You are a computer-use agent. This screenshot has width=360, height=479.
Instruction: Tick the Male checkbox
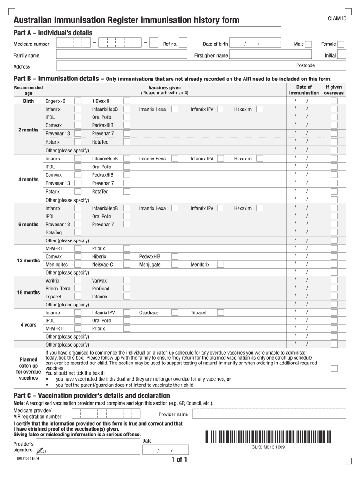click(310, 44)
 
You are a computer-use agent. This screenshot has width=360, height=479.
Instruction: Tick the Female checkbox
click(341, 44)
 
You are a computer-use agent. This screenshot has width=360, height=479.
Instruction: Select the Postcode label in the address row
click(306, 65)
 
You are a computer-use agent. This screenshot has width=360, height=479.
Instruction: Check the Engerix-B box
click(78, 101)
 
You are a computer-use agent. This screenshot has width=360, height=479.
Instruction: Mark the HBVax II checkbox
click(127, 101)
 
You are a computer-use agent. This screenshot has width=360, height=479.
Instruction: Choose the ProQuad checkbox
click(127, 289)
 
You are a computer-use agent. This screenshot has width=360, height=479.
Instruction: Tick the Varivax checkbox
click(127, 281)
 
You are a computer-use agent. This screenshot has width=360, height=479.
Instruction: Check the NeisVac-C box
click(127, 265)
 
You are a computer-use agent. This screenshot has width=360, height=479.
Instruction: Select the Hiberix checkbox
click(127, 257)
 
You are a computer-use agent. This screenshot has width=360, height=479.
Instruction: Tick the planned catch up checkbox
click(334, 369)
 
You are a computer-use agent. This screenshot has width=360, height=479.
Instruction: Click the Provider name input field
click(268, 414)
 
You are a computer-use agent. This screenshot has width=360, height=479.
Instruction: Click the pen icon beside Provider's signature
click(42, 450)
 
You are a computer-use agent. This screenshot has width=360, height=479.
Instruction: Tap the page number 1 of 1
click(180, 459)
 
